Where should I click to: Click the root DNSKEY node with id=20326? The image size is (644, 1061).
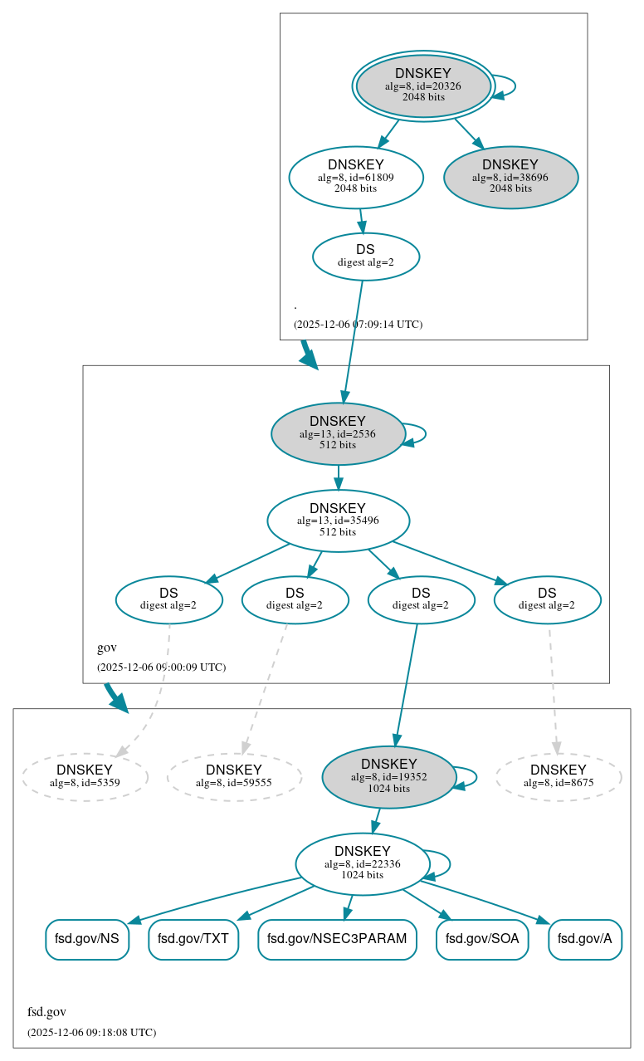(423, 86)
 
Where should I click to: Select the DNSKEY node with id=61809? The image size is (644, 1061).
(356, 177)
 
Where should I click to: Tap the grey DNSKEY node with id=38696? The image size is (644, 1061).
(510, 177)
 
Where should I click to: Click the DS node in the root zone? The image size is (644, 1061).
(365, 257)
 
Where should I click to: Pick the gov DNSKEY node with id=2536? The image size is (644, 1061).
(338, 433)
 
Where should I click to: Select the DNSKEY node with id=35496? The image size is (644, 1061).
(338, 521)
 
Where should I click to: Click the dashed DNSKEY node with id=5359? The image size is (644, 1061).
(85, 777)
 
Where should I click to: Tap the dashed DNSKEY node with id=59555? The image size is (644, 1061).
(234, 777)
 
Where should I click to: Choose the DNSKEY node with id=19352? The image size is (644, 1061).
(388, 777)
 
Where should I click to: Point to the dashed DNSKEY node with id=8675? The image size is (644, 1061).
(559, 777)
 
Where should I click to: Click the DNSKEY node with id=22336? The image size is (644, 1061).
(363, 864)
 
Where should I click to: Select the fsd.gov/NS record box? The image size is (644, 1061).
(87, 939)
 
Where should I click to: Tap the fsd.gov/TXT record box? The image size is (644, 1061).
(193, 939)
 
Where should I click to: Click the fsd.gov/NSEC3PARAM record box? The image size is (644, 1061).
(337, 939)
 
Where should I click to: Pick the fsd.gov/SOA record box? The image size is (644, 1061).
(482, 939)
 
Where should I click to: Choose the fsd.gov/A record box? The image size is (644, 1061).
(585, 939)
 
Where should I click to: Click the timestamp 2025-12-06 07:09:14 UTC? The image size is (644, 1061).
(358, 325)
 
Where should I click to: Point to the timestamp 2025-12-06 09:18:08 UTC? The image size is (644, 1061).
(91, 1033)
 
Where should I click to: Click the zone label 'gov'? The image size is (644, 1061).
(107, 648)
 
